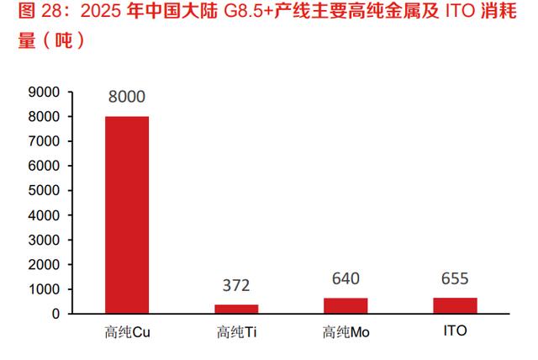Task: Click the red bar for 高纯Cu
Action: click(127, 214)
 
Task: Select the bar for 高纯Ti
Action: click(236, 309)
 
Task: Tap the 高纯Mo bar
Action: click(345, 305)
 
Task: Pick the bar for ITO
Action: click(455, 305)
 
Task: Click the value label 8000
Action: click(127, 97)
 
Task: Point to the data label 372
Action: click(236, 286)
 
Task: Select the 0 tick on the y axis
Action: click(56, 314)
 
